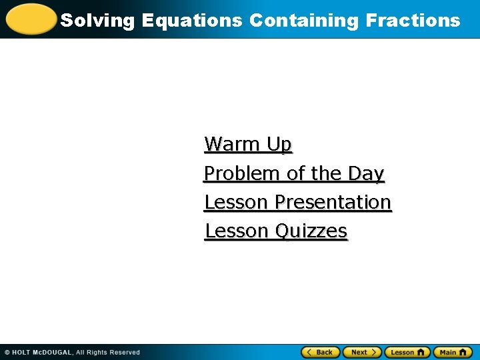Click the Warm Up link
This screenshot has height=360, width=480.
248,144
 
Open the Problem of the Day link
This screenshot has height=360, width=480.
294,173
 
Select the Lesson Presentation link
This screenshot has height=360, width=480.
297,202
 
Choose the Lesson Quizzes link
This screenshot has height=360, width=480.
276,231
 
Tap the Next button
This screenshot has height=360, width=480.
362,352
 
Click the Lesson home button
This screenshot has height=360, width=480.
407,352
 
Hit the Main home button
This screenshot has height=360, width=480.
453,352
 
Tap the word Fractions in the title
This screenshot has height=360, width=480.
413,21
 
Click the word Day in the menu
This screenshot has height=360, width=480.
366,173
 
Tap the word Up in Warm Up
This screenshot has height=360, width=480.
279,144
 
